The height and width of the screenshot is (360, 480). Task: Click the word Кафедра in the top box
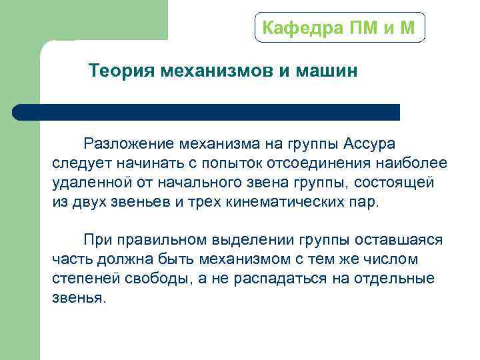coord(294,28)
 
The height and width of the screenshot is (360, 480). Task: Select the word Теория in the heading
coord(121,71)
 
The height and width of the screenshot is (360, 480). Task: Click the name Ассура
coord(370,143)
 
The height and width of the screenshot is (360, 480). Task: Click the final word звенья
coord(78,297)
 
